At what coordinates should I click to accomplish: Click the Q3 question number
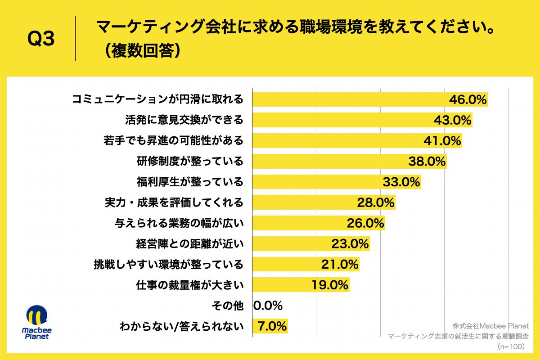pos(41,39)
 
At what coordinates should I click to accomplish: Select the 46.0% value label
pos(468,100)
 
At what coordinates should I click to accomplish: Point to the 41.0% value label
pos(442,141)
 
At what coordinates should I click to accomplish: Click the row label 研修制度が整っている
pos(189,161)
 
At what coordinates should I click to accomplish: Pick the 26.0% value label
pos(365,223)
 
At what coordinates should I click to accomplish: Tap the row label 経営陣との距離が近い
pos(189,243)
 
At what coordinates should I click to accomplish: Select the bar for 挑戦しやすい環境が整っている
pos(306,264)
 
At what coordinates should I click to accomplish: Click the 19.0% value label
pos(330,284)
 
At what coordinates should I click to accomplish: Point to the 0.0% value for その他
pos(268,306)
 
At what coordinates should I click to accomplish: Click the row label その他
pos(227,306)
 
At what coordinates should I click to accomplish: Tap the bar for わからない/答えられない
pos(270,326)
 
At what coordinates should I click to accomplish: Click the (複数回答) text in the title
pos(139,51)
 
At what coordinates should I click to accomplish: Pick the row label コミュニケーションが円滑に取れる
pos(157,99)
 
